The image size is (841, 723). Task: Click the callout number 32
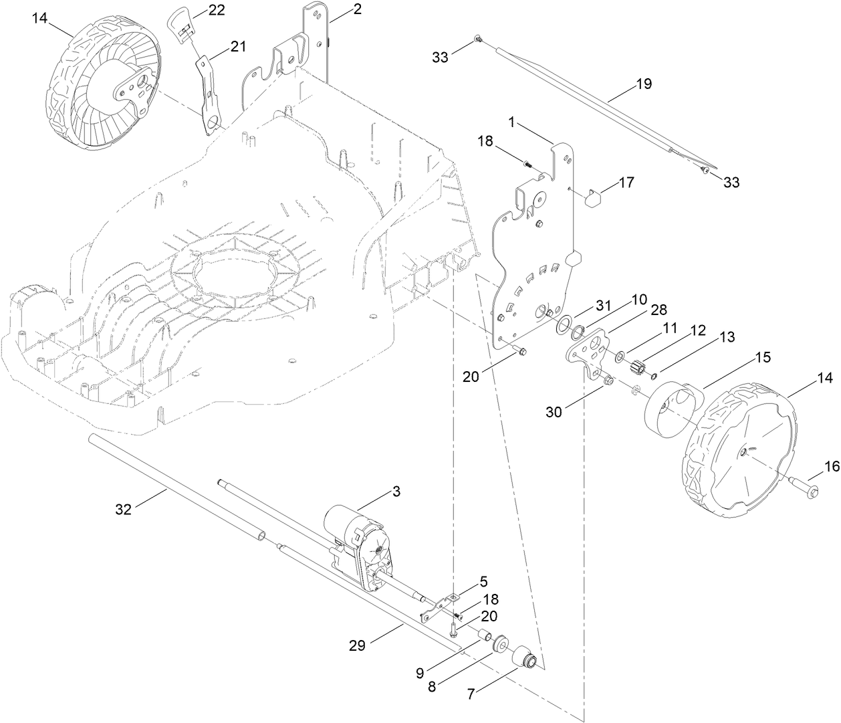click(123, 509)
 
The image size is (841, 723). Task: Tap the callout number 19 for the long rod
click(643, 84)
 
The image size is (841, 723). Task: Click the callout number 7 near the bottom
click(471, 695)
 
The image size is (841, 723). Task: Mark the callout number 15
click(762, 358)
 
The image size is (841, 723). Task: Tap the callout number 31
click(604, 305)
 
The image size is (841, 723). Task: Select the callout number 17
click(626, 182)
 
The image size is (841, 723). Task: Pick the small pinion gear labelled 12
click(636, 367)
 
